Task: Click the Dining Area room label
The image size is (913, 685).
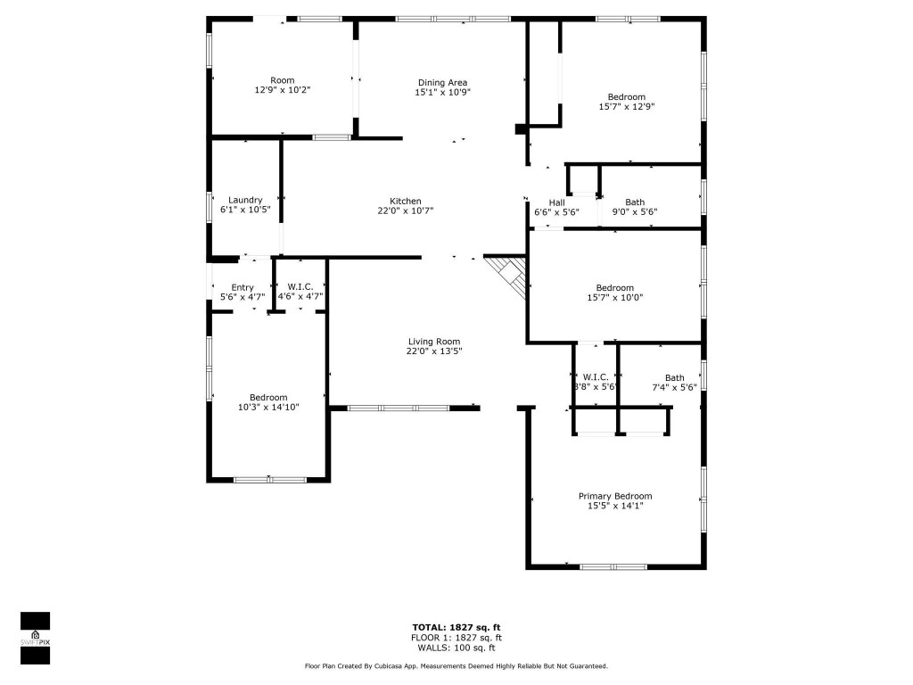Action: point(442,83)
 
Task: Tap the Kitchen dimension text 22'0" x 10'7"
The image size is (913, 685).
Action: point(405,211)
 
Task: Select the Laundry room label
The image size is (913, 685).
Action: point(244,200)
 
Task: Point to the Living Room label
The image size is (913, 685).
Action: point(433,342)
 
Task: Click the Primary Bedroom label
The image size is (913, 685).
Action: point(614,496)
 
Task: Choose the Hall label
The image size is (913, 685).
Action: point(556,202)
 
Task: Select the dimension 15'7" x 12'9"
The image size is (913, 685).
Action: point(626,107)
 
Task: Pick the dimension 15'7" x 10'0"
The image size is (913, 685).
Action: point(614,298)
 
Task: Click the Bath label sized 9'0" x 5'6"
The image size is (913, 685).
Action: point(634,202)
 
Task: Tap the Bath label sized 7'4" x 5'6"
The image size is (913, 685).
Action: point(674,377)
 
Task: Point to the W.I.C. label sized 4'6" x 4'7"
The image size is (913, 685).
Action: point(300,287)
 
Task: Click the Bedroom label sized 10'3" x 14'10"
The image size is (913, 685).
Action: point(267,397)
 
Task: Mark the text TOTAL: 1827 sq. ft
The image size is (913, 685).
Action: point(456,626)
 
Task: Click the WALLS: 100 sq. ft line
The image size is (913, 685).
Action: point(456,648)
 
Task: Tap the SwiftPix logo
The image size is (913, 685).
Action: point(35,639)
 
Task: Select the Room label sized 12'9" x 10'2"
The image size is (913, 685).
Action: point(282,80)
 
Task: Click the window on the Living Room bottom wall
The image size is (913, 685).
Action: point(398,408)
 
